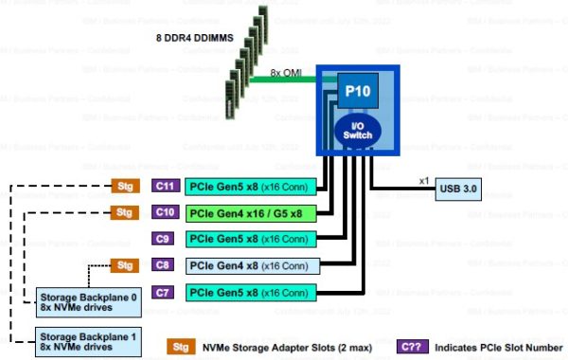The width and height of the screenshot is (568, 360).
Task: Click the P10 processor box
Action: point(357,92)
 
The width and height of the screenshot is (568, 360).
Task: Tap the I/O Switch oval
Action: point(356,132)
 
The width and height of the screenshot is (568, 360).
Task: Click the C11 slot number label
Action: point(165,186)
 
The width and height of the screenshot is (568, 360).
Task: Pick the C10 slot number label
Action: point(165,212)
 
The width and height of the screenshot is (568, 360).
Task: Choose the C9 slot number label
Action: point(165,239)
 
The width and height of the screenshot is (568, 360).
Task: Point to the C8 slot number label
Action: point(165,265)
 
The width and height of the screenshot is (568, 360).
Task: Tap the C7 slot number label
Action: point(165,292)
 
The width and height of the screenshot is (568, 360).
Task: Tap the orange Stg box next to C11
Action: point(124,186)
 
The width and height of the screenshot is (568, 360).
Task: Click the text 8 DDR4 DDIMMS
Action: point(195,37)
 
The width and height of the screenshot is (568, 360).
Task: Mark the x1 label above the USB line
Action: point(423,178)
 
